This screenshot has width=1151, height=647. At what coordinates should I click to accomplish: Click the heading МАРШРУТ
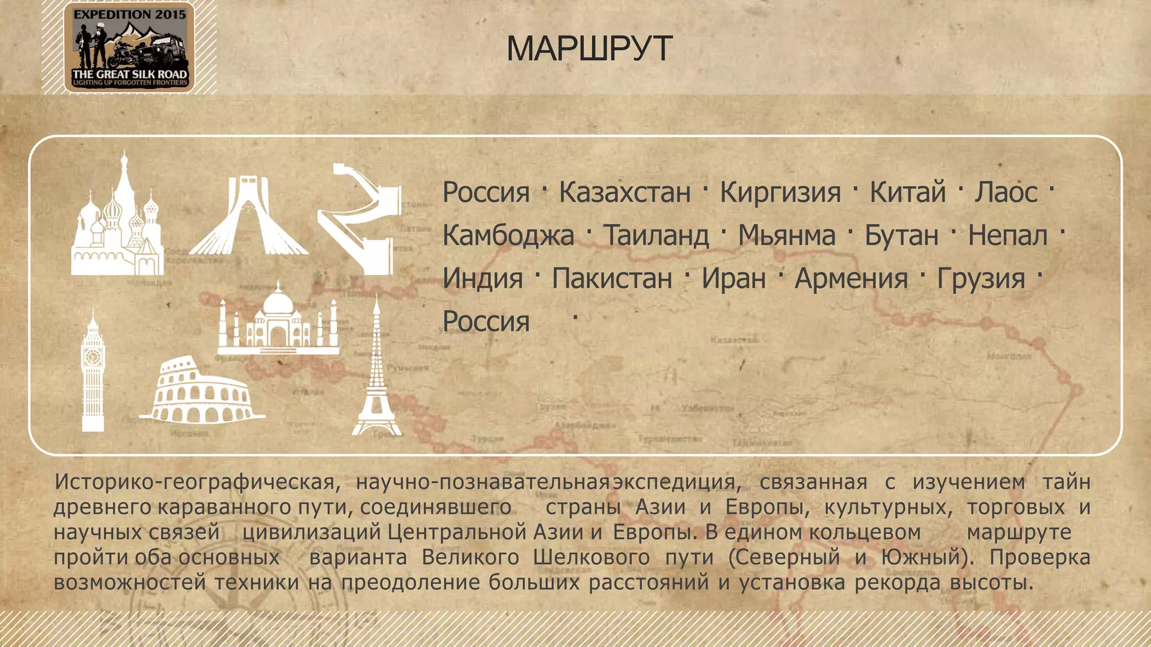[589, 48]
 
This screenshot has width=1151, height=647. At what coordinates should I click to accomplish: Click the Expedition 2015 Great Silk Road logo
[129, 47]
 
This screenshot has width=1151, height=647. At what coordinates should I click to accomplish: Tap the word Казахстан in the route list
[624, 192]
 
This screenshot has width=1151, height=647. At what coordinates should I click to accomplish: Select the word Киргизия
[780, 192]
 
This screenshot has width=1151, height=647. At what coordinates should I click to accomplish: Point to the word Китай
[908, 192]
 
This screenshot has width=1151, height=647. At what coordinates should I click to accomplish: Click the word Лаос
[1006, 192]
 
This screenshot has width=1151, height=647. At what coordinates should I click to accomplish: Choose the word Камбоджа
[508, 236]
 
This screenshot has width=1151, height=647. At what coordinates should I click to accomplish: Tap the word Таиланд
[656, 236]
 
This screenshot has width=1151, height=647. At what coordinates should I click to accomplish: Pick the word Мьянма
[786, 236]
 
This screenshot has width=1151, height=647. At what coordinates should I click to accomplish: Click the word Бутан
[901, 236]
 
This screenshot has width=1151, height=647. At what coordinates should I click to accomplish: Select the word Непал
[1007, 236]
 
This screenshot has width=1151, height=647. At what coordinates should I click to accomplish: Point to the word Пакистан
[612, 278]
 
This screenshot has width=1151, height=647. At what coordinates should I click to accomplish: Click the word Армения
[851, 278]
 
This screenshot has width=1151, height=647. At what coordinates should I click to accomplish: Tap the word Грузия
[981, 278]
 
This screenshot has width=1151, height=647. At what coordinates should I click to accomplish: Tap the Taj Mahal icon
[278, 320]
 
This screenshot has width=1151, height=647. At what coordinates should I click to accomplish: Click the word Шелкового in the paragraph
[591, 557]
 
